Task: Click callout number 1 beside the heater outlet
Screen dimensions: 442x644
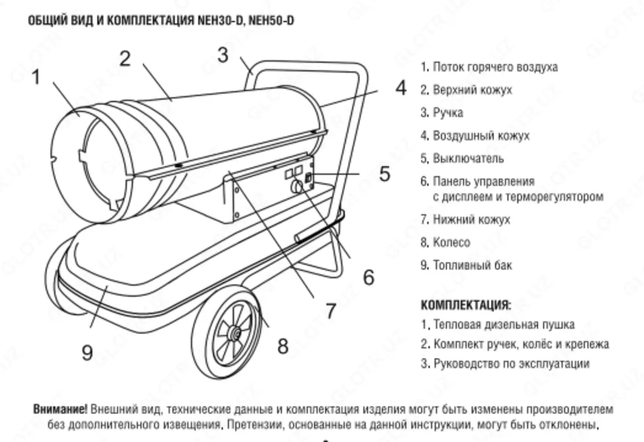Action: point(36,78)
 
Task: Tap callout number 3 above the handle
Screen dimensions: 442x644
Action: point(223,55)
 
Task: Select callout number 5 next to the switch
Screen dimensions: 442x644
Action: point(384,174)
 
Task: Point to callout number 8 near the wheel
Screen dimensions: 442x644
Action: point(283,346)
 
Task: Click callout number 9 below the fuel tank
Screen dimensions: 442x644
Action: point(87,352)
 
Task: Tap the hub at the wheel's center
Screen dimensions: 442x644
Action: point(233,334)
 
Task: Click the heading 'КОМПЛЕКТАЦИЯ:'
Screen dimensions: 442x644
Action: point(466,305)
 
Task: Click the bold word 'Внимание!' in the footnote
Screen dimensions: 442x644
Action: point(60,410)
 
